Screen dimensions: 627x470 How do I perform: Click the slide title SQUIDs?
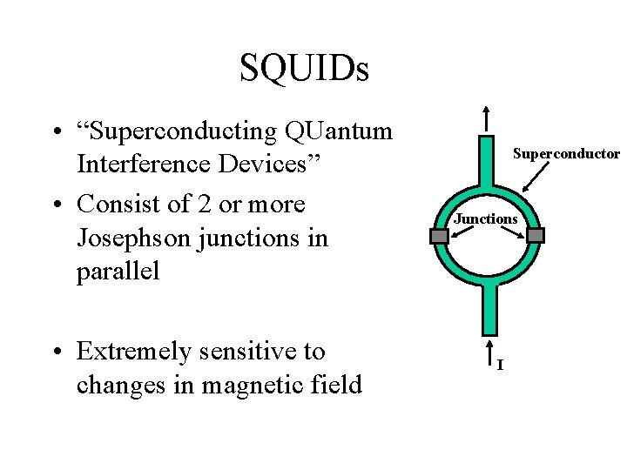coord(304,69)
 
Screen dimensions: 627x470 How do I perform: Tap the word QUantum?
coord(338,131)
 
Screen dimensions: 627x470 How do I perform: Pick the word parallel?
coord(118,271)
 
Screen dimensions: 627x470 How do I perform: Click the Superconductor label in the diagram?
coord(566,154)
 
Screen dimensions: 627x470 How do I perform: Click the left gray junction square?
coord(440,235)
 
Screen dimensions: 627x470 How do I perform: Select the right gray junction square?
coord(536,235)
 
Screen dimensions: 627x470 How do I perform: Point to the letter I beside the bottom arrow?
coord(500,364)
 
